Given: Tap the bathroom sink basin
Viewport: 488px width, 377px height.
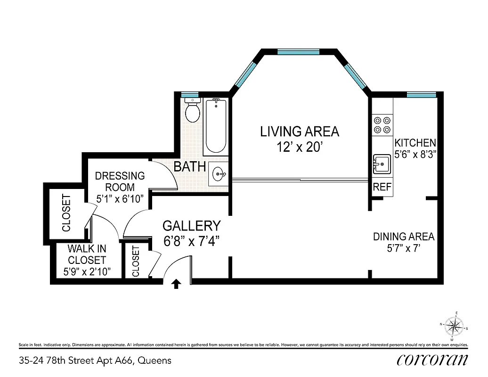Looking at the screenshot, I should [x=219, y=174].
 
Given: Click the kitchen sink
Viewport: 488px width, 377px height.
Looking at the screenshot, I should [x=382, y=164].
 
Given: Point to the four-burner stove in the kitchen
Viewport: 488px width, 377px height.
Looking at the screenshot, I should [x=382, y=124].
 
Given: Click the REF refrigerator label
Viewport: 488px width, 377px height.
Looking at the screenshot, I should [x=382, y=187].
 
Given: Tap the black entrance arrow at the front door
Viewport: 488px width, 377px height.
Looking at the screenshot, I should [x=177, y=284].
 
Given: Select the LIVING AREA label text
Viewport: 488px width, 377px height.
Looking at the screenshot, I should [x=300, y=131].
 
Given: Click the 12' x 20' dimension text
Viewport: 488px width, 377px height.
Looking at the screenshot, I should [x=300, y=147].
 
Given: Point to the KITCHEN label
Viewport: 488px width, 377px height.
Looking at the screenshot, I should [x=415, y=143].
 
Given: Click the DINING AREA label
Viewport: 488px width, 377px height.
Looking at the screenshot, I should [x=404, y=237].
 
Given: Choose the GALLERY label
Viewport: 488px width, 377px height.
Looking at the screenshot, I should [x=191, y=226].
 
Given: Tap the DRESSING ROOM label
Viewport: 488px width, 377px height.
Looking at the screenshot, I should [x=120, y=181].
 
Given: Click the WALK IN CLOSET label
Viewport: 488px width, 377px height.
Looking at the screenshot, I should [x=87, y=254].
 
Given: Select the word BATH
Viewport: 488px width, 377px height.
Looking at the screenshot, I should [x=190, y=166].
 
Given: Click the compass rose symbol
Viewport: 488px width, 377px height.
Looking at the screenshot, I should [x=454, y=326].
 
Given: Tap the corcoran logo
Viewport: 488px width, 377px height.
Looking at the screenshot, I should [x=432, y=360].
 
